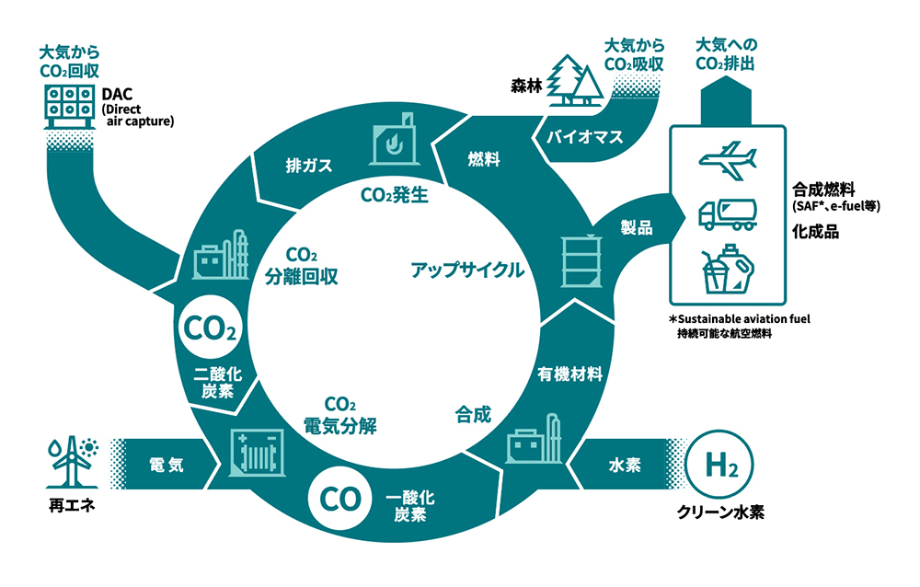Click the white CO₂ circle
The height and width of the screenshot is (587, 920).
(213, 327)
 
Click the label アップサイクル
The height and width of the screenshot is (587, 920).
(467, 270)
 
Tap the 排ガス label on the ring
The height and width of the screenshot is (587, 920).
(308, 167)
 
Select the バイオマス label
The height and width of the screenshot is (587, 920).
(585, 138)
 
